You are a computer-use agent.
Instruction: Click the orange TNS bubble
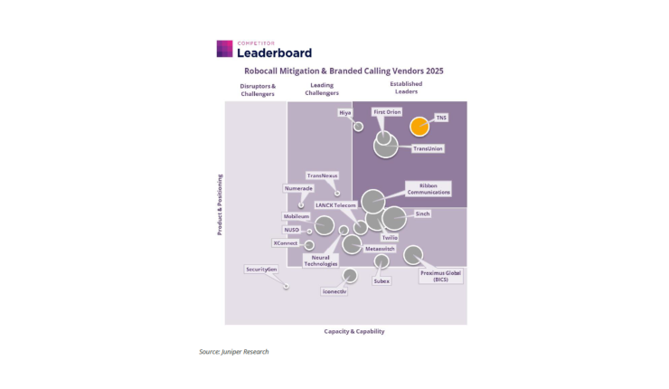(419, 128)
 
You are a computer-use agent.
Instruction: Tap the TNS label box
(441, 118)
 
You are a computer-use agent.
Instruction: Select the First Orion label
(387, 112)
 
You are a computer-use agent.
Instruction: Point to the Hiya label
(344, 112)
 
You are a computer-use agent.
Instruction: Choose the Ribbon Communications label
(429, 188)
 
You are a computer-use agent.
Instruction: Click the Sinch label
(422, 214)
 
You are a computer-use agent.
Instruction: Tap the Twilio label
(390, 237)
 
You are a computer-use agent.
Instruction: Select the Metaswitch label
(380, 248)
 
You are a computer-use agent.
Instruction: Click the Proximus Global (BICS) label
(440, 276)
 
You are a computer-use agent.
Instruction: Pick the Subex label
(382, 281)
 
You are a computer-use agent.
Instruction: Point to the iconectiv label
(334, 291)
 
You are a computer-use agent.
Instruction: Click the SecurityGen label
(260, 270)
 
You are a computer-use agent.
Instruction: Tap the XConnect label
(286, 242)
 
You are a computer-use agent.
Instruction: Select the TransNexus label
(322, 176)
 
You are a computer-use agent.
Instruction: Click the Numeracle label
(298, 188)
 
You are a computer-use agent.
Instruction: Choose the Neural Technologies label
(320, 261)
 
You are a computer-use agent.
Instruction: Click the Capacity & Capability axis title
(354, 331)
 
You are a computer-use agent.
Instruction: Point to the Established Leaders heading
(406, 88)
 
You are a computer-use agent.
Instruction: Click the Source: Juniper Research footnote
(233, 352)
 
